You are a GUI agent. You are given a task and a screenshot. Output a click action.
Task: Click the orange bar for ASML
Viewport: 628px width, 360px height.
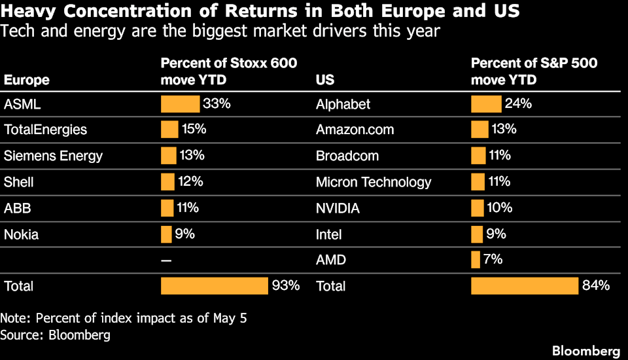click(181, 104)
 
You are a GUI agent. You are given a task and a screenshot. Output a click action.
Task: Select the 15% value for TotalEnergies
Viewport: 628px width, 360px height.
click(194, 129)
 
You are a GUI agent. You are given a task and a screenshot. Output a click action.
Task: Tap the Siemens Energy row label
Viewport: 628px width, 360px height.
click(53, 156)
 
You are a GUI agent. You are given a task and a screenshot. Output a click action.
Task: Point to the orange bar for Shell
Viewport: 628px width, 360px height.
click(168, 182)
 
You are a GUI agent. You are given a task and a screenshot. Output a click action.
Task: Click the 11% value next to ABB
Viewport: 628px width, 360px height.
click(188, 207)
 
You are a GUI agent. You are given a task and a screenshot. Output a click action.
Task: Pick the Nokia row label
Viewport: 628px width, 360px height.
click(21, 234)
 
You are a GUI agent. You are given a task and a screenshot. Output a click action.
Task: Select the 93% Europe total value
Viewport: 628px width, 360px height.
click(286, 285)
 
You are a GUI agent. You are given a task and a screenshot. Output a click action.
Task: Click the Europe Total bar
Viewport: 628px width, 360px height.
click(215, 286)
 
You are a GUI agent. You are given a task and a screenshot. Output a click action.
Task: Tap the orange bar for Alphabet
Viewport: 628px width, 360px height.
click(486, 104)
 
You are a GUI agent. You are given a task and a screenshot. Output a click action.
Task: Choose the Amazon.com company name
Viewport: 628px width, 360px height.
click(355, 130)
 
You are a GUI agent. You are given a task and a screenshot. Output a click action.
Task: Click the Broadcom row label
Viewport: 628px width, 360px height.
click(347, 156)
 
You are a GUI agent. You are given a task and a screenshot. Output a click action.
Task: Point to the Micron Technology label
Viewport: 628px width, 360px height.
click(374, 182)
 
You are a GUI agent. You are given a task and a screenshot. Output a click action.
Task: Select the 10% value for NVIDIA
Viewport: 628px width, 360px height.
click(499, 207)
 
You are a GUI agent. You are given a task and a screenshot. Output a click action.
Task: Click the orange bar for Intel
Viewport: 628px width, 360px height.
click(477, 234)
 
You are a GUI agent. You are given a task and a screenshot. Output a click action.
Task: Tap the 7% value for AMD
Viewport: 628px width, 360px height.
click(493, 259)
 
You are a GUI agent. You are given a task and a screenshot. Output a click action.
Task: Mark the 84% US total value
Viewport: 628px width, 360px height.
click(596, 285)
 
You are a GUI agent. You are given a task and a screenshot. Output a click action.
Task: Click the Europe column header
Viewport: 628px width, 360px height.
click(27, 80)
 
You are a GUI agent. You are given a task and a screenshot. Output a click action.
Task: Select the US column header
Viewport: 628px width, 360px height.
click(325, 80)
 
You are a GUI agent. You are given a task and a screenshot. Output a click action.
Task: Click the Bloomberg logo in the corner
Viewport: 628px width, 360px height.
click(586, 351)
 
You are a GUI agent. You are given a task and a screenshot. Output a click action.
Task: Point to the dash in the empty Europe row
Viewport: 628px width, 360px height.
click(166, 261)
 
